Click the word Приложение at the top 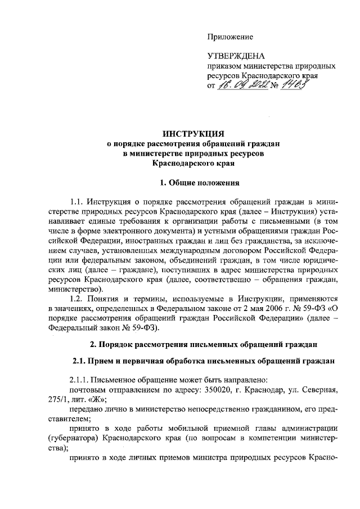(x=230, y=37)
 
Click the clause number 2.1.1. (x=79, y=379)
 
